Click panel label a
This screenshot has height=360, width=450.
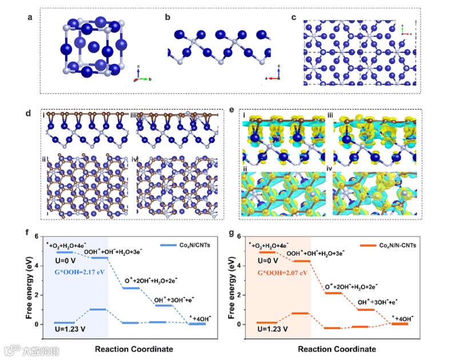coord(30,17)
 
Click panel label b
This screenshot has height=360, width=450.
coord(168,17)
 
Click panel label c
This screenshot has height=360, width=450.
coord(294,17)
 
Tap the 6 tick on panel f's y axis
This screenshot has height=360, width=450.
coord(37,236)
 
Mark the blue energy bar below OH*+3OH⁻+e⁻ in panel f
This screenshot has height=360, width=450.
coord(164,305)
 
